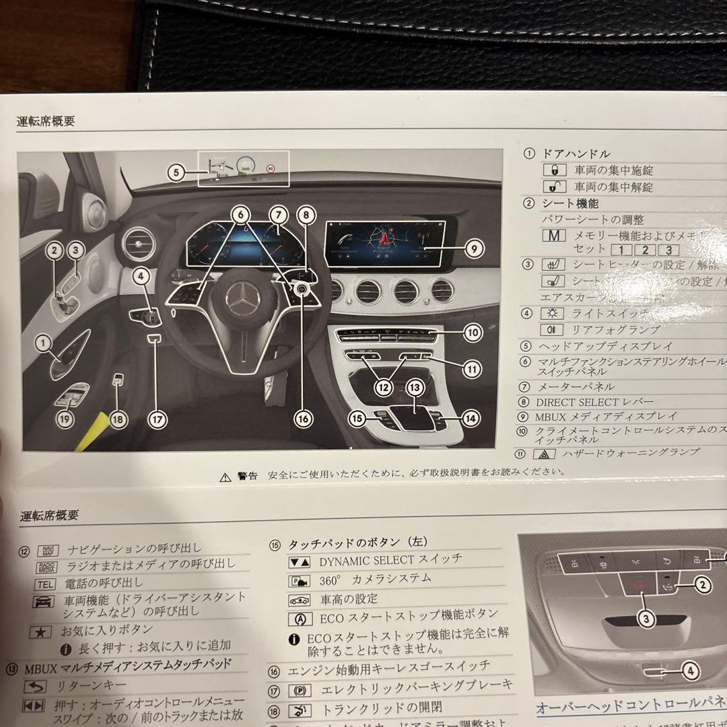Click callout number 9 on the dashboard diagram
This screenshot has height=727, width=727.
tap(474, 248)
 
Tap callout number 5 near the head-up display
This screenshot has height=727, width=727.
tap(176, 172)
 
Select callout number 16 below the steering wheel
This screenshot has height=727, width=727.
tap(303, 418)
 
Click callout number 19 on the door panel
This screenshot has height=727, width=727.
tap(65, 419)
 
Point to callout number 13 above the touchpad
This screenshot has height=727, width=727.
tap(415, 388)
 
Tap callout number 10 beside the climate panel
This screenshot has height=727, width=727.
tap(473, 331)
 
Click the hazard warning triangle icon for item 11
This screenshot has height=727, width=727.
tap(544, 454)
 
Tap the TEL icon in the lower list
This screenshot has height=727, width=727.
tap(46, 584)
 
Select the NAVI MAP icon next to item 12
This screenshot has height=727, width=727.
tap(46, 550)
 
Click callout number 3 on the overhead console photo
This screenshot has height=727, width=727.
tap(646, 619)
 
